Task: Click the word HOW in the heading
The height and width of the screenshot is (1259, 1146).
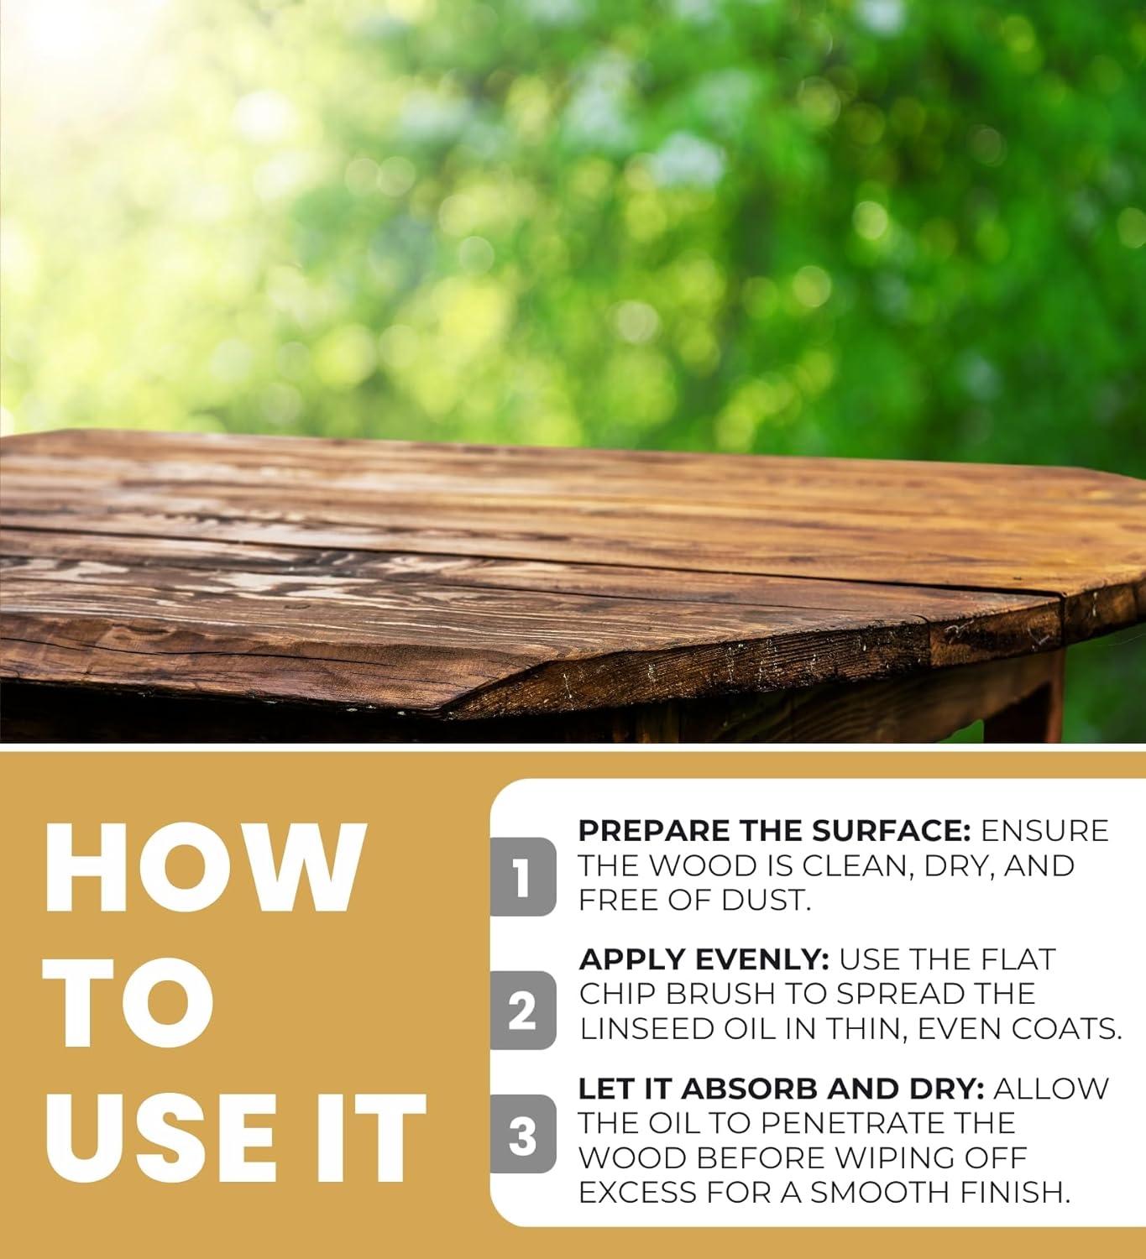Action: click(x=206, y=867)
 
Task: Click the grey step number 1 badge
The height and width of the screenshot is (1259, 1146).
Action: click(x=522, y=877)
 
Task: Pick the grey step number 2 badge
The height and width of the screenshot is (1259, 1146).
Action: click(x=522, y=1011)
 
